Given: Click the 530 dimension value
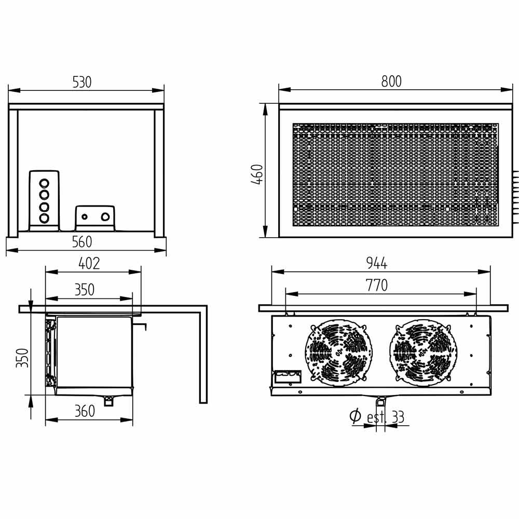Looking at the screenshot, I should point(82,83).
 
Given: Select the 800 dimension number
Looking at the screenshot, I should point(391,81).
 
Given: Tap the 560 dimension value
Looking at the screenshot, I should point(82,242).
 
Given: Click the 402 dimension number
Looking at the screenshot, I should point(89,264).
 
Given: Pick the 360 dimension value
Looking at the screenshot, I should point(85,411).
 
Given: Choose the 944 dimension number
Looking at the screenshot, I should point(377,264).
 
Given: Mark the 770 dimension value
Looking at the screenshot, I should point(377,285).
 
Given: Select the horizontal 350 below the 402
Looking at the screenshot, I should point(85,290).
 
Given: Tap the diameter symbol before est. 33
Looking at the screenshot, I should point(356,416).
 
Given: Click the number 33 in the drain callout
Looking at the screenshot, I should point(398,417).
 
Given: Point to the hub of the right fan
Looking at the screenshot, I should point(422,351).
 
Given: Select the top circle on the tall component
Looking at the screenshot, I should point(44,183).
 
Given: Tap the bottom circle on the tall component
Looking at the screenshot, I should point(44,218).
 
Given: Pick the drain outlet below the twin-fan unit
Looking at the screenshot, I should point(381,401).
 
